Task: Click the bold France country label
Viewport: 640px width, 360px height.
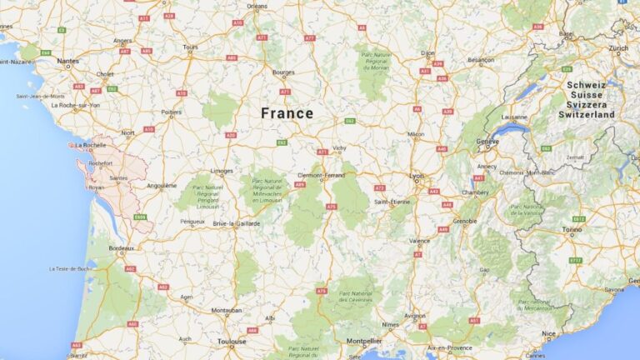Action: point(287,113)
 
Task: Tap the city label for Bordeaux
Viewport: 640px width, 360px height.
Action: point(122,248)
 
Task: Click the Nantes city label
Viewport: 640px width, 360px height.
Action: point(68,60)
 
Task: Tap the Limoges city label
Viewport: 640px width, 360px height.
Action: point(222,171)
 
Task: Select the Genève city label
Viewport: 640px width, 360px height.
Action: point(487,142)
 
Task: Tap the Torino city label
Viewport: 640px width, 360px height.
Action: point(572,228)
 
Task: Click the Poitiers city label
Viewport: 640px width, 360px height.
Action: point(172,112)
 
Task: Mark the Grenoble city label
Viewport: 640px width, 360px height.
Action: point(465,222)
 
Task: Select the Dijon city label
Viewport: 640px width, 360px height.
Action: point(427,52)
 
